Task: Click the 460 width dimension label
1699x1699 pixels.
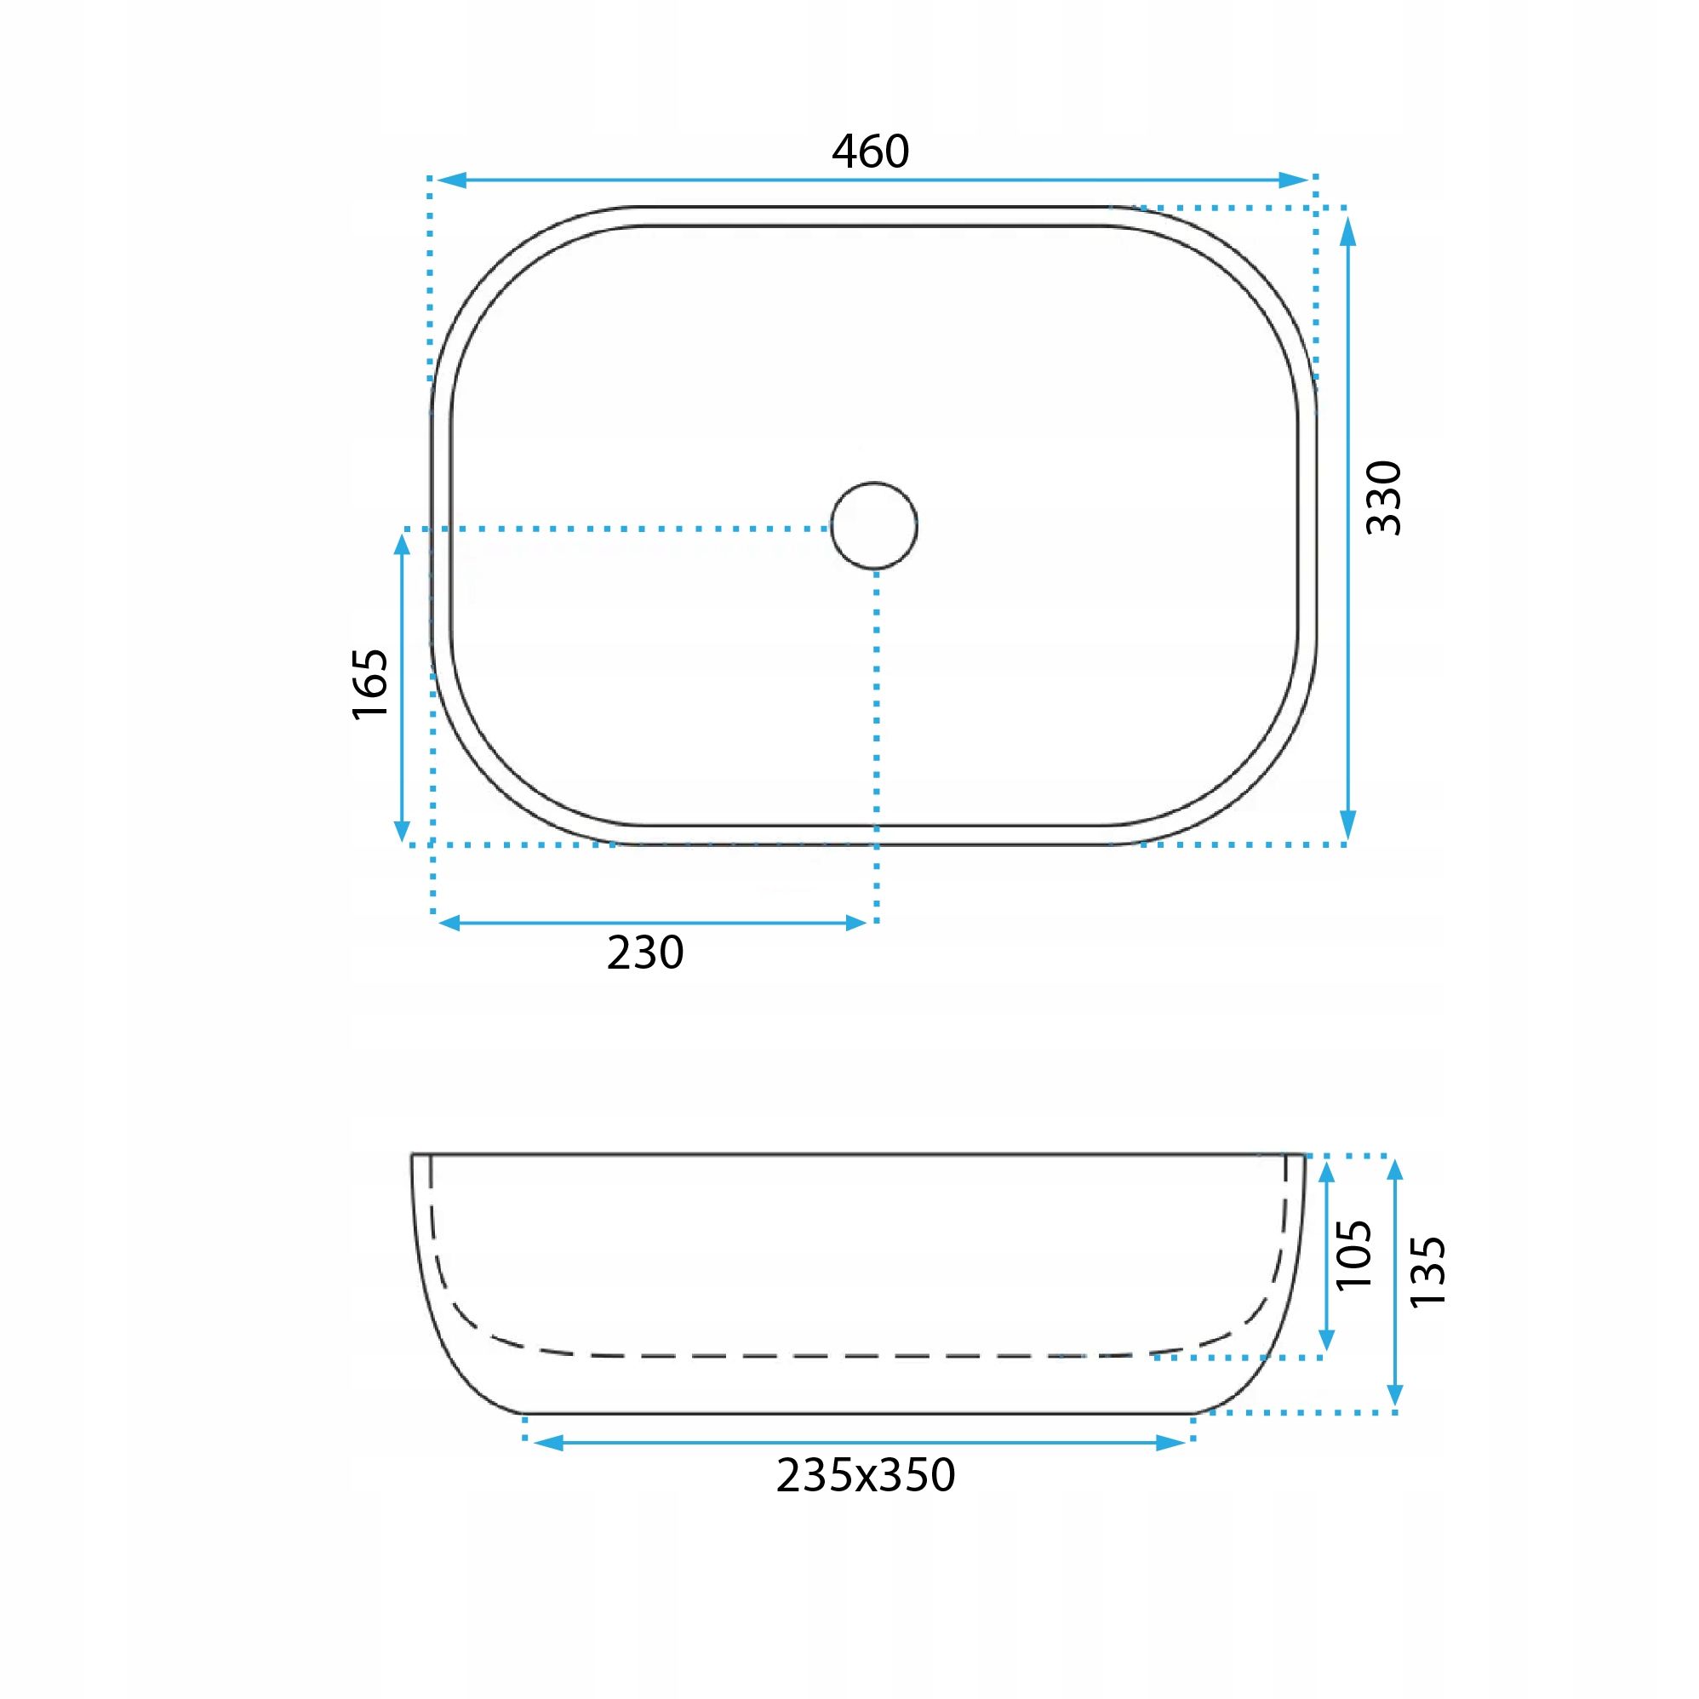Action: [x=870, y=152]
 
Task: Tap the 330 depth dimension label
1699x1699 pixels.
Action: [x=1383, y=497]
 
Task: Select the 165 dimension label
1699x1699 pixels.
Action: [x=370, y=684]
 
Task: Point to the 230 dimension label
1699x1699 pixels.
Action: [x=644, y=952]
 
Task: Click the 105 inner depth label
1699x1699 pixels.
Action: [x=1353, y=1255]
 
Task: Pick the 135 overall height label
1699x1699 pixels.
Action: [x=1427, y=1272]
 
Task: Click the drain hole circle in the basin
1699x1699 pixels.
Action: [x=874, y=526]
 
